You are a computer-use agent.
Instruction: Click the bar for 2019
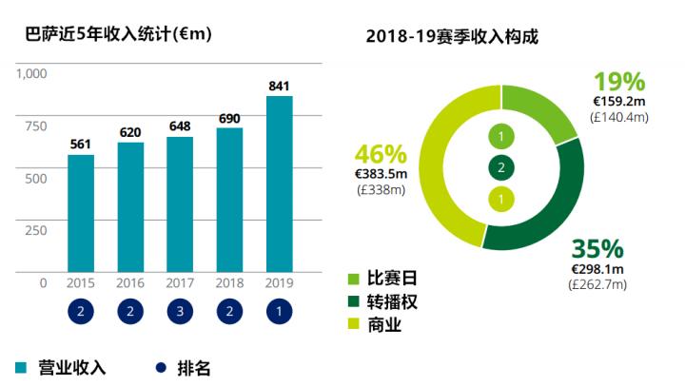[x=279, y=184]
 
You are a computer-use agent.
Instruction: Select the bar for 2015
[x=81, y=213]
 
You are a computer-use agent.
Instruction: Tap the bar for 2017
[x=180, y=204]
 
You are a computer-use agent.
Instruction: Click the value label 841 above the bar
[x=279, y=87]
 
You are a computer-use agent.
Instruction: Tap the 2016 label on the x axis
[x=130, y=283]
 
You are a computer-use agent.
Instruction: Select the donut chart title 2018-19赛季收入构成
[x=451, y=37]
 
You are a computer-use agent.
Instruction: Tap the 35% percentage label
[x=597, y=250]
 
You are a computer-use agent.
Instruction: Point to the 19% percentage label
[x=619, y=82]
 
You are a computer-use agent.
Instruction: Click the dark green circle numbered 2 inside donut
[x=501, y=168]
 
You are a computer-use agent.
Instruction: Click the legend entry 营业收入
[x=62, y=368]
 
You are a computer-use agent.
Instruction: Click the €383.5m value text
[x=381, y=173]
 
